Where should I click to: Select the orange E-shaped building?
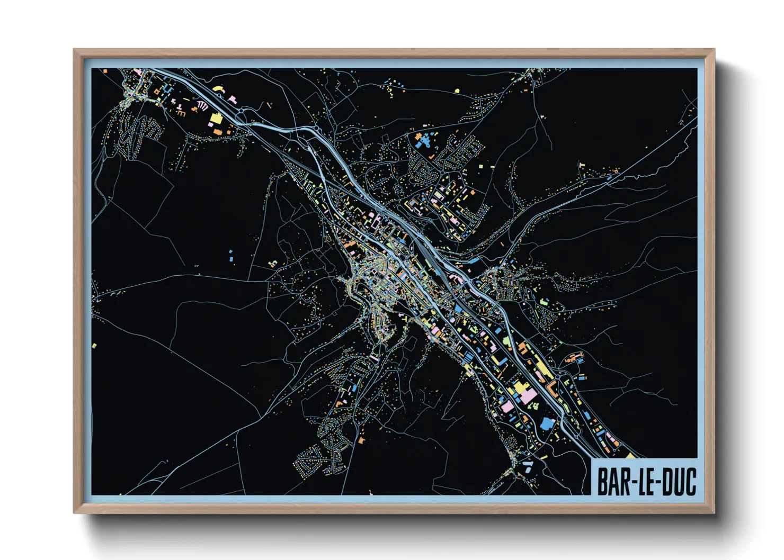(x=181, y=113)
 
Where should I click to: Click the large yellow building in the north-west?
(x=216, y=118)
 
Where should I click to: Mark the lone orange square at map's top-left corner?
(x=105, y=71)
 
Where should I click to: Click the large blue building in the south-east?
(x=547, y=423)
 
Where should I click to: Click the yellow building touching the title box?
(x=631, y=455)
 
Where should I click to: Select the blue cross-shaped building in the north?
(x=422, y=141)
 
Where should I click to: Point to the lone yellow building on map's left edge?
(x=94, y=346)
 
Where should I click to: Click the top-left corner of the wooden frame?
(x=74, y=50)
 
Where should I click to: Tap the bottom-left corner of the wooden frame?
(x=74, y=512)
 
